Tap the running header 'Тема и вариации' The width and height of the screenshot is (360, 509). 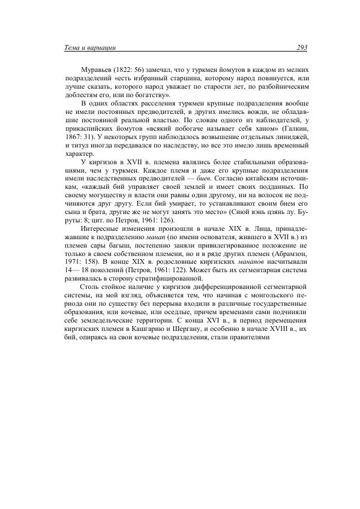click(x=89, y=47)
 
